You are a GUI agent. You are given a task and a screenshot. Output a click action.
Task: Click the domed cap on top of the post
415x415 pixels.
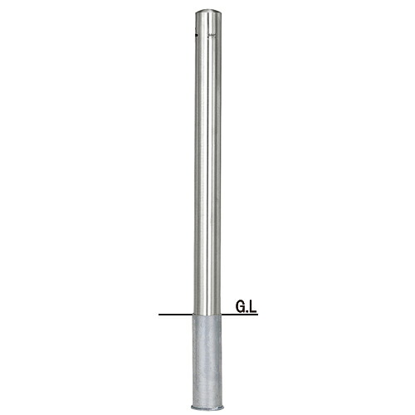click(x=208, y=13)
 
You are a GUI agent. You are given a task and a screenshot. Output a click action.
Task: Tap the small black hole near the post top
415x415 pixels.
click(x=196, y=35)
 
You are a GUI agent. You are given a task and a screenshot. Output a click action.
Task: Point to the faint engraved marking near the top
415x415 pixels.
click(x=211, y=36)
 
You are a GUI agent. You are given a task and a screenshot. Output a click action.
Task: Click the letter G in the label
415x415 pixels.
click(x=241, y=306)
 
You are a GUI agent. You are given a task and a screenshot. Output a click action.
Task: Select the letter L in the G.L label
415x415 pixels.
click(x=253, y=306)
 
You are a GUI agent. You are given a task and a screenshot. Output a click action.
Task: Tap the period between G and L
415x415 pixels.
click(x=247, y=310)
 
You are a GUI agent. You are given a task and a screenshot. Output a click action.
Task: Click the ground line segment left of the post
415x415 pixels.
click(x=176, y=315)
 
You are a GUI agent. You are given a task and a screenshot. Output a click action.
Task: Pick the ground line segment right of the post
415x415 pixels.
click(x=240, y=315)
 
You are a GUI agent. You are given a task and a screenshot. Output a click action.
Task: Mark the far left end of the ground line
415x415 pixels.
click(x=159, y=315)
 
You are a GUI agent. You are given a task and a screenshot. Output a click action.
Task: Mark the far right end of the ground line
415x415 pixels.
click(x=258, y=315)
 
